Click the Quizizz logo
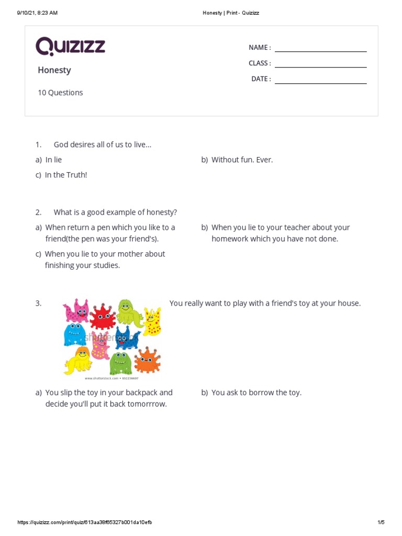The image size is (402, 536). coord(70,47)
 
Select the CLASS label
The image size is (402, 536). coord(259,63)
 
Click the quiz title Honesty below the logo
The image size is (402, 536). coord(54,70)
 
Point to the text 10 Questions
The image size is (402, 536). coord(60,93)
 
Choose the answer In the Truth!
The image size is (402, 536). coord(66,175)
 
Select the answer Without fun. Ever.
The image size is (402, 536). coord(242,160)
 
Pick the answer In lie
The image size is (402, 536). coord(53,160)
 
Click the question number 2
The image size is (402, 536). coord(38,212)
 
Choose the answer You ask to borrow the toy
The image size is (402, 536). coord(256,392)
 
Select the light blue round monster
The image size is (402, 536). coord(74,334)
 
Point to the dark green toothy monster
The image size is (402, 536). coord(120,362)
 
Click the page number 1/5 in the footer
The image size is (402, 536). coord(381,522)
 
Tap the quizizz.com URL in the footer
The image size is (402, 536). coord(85,522)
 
